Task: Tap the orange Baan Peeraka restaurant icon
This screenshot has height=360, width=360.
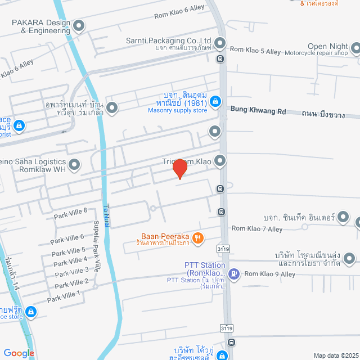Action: click(x=197, y=238)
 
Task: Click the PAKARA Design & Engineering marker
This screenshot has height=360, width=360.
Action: click(x=79, y=25)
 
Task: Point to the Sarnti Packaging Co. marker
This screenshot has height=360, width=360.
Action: click(x=219, y=42)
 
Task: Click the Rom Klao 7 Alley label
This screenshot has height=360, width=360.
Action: click(x=257, y=228)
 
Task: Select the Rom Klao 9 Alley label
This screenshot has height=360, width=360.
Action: click(x=269, y=274)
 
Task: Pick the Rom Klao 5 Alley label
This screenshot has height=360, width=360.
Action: click(x=255, y=51)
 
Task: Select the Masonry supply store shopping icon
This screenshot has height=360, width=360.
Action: click(x=214, y=101)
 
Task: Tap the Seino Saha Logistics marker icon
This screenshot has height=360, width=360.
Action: click(x=74, y=165)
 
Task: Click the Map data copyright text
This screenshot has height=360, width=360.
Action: click(x=335, y=355)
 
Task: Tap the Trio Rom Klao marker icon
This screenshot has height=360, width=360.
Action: click(x=219, y=161)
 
